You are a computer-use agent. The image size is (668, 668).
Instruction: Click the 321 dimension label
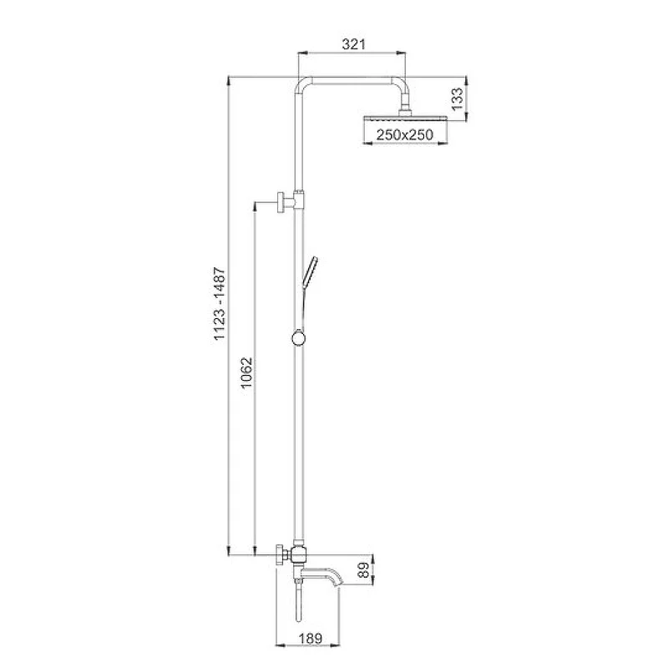tap(353, 44)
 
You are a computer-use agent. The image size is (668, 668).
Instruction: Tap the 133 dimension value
tap(457, 99)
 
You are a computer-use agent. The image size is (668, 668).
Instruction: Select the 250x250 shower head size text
tap(405, 134)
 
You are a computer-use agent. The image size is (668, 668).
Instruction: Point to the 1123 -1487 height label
tap(219, 303)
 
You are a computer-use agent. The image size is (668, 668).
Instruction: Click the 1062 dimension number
tap(246, 373)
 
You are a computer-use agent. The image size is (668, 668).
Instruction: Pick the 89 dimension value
tap(363, 570)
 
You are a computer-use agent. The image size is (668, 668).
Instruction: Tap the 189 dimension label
tap(311, 639)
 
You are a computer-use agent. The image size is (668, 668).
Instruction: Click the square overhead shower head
tap(405, 118)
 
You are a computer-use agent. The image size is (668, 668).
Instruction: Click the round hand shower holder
tap(299, 339)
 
